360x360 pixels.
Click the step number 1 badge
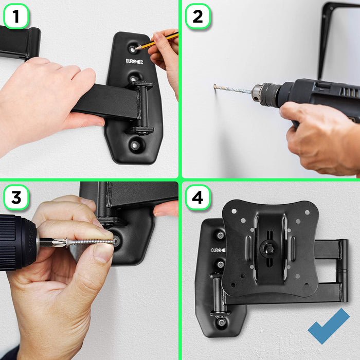16,16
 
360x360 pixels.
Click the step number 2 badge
198,16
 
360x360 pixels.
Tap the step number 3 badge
16,197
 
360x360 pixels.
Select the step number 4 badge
198,197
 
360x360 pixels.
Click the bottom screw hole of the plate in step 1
135,146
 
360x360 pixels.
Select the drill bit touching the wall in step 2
231,89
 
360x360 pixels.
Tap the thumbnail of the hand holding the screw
103,253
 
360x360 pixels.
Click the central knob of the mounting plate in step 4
267,248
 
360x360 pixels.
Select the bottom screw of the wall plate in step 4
221,323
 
